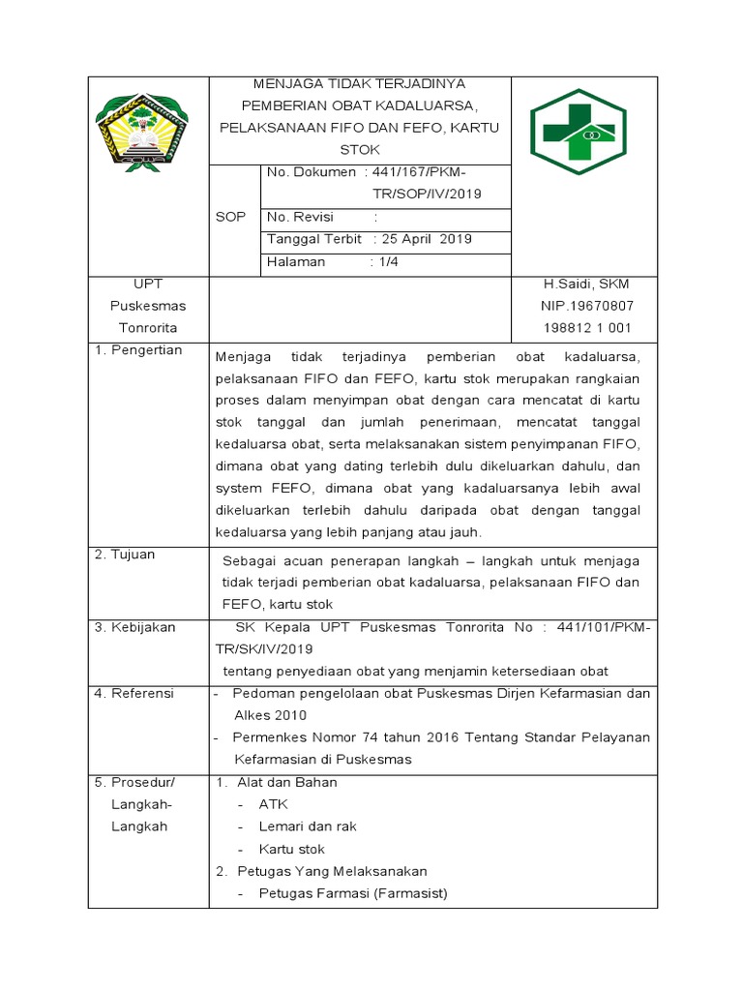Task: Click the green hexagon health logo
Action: click(x=579, y=131)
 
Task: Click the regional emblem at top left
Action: click(x=148, y=130)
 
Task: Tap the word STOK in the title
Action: click(x=360, y=150)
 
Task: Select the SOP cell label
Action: click(x=230, y=217)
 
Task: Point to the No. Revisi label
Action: click(x=301, y=217)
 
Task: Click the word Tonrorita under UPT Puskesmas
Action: click(x=148, y=328)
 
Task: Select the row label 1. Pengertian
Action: click(x=138, y=350)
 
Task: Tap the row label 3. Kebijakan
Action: click(x=135, y=627)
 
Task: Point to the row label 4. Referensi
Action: click(x=134, y=694)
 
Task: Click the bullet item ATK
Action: click(x=274, y=804)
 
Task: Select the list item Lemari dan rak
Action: click(x=308, y=826)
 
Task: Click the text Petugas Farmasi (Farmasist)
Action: click(x=353, y=893)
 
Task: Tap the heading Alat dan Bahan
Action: click(x=287, y=782)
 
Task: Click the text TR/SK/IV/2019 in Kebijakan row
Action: click(x=264, y=648)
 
